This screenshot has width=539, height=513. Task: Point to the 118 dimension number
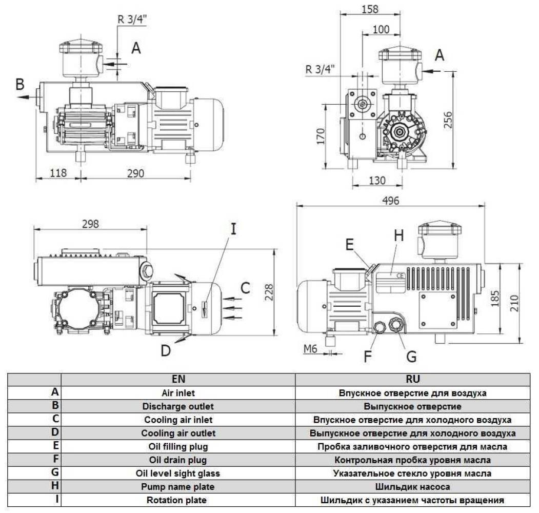pos(58,173)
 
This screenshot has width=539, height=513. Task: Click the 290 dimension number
pos(135,173)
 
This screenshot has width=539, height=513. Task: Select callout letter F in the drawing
pos(367,356)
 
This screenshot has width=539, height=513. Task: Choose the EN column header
pos(178,379)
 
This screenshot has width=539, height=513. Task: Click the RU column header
pos(413,379)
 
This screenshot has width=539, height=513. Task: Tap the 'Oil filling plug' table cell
pos(178,446)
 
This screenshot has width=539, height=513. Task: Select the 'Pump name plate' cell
pos(178,486)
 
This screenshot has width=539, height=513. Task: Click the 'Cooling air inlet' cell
pos(178,420)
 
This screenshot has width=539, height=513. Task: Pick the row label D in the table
pos(55,432)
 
